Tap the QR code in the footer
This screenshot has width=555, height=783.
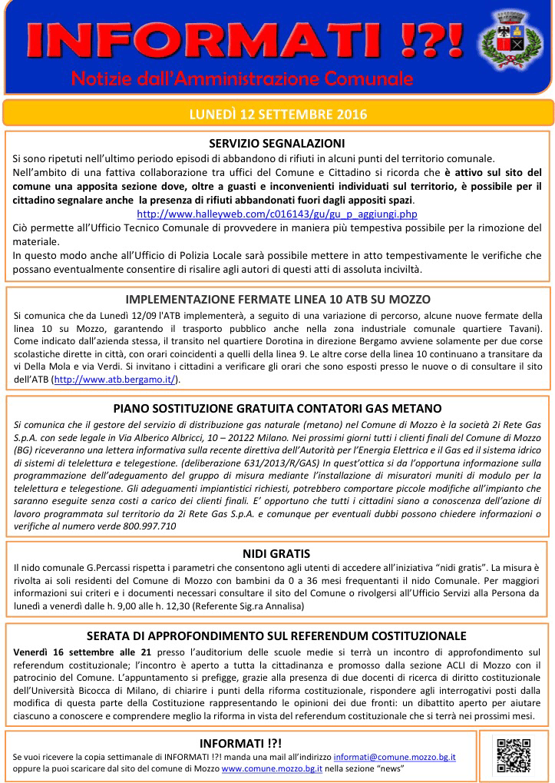(514, 755)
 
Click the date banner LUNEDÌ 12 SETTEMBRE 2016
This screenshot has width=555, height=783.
(277, 114)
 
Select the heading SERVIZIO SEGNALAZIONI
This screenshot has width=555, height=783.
(277, 143)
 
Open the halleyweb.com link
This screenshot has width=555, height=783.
(276, 214)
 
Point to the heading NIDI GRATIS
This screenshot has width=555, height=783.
(276, 553)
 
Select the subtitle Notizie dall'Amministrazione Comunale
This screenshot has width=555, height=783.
(242, 78)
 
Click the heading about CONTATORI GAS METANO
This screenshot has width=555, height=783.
(277, 408)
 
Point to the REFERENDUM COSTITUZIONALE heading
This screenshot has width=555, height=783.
(276, 635)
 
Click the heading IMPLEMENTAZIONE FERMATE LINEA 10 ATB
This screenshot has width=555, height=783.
(277, 299)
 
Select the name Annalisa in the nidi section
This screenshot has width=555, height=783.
(282, 606)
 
